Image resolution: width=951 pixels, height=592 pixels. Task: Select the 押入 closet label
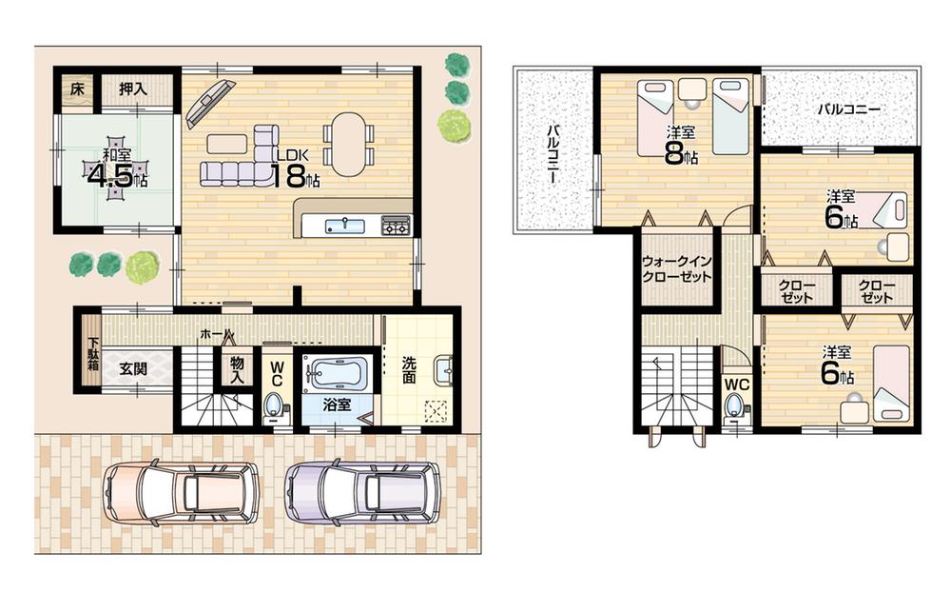click(x=134, y=89)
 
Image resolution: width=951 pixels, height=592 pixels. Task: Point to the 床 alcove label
click(x=75, y=89)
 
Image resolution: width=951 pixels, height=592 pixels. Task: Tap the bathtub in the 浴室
click(x=339, y=372)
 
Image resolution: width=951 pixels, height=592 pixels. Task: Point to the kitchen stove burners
click(x=396, y=226)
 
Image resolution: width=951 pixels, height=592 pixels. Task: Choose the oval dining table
click(x=349, y=144)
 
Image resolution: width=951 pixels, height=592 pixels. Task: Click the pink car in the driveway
click(x=181, y=491)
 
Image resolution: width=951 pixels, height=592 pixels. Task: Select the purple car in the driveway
click(x=363, y=491)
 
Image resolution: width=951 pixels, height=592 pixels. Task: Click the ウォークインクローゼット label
click(x=676, y=267)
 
